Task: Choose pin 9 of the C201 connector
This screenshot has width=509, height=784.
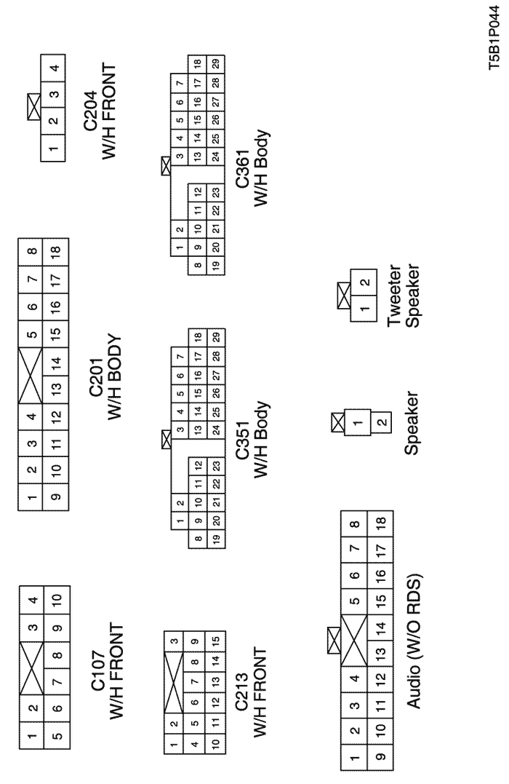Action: (55, 499)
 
